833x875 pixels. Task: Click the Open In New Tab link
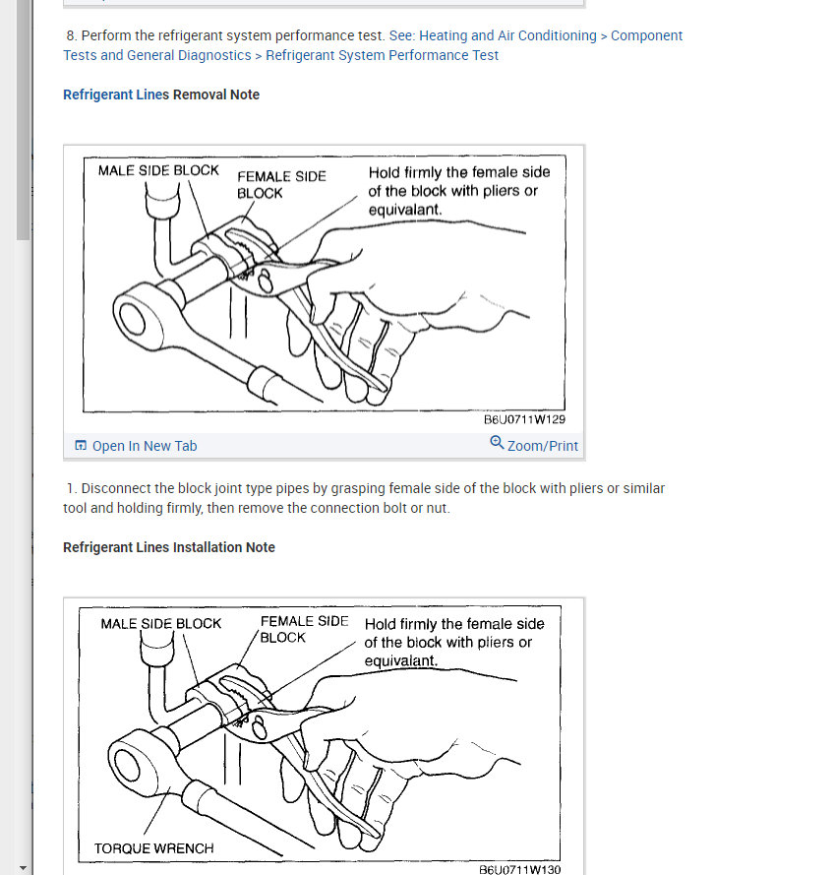point(145,446)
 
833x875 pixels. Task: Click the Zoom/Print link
point(543,446)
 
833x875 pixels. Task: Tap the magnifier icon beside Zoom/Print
point(497,443)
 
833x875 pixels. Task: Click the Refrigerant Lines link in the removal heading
point(116,94)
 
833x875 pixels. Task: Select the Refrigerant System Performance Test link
point(382,55)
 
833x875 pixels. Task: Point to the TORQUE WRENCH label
point(153,848)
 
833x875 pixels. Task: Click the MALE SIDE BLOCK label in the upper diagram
point(158,170)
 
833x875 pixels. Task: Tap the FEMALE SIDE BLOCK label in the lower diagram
point(304,630)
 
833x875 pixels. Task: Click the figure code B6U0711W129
point(524,419)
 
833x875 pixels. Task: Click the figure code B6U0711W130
point(519,869)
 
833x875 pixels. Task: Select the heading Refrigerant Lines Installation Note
point(169,547)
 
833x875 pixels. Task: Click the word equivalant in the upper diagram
point(405,210)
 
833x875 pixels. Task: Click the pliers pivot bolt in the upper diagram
point(265,281)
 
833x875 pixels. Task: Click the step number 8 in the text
point(71,35)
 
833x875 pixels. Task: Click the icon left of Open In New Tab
point(81,445)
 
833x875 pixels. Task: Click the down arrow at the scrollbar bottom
point(23,868)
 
